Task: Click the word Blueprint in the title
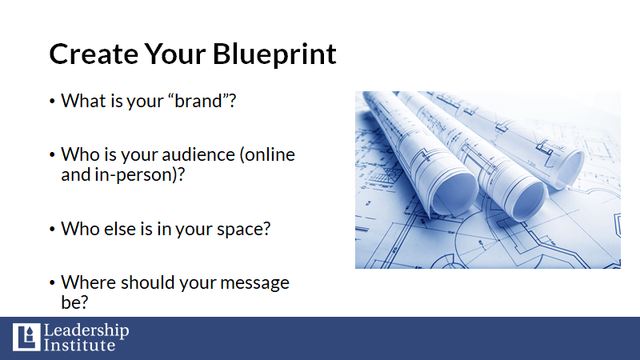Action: click(x=274, y=54)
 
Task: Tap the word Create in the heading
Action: click(x=94, y=54)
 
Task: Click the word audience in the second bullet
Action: click(x=198, y=154)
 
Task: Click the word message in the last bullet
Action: click(x=254, y=282)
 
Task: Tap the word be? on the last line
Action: click(x=74, y=302)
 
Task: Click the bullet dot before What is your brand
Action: click(x=52, y=101)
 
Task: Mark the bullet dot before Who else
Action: click(x=52, y=229)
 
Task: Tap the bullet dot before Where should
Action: click(x=52, y=282)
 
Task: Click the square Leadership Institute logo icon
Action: click(x=26, y=337)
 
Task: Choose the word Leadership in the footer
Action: click(x=86, y=330)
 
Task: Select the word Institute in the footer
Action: click(x=79, y=346)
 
